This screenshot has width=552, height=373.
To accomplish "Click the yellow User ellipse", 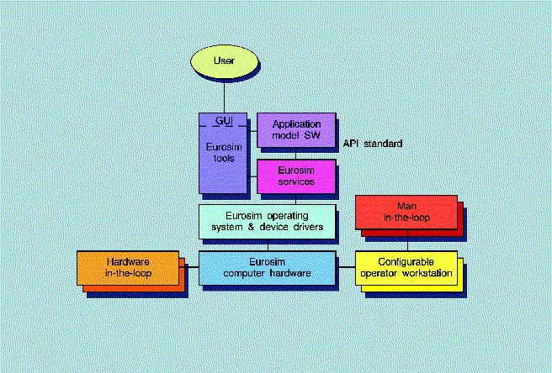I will point(223,60).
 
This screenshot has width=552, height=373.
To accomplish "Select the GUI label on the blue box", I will point(224,123).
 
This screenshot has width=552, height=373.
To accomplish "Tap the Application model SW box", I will point(295,129).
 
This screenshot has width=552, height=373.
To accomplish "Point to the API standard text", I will point(372,144).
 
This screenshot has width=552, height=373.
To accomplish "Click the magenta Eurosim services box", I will point(295,176).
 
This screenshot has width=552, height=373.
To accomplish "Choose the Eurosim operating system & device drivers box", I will point(268,220).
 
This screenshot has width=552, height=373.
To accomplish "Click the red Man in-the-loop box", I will point(406,211).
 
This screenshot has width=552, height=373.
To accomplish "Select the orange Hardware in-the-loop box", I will point(129,267).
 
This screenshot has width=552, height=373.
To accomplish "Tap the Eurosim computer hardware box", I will point(268,267).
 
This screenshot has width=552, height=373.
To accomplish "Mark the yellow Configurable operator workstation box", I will point(406,267).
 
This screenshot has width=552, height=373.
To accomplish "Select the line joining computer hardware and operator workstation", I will point(346,267).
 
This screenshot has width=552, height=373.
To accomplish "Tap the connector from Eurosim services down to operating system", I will point(295,198).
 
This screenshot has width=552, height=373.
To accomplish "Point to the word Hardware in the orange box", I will point(129,261).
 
